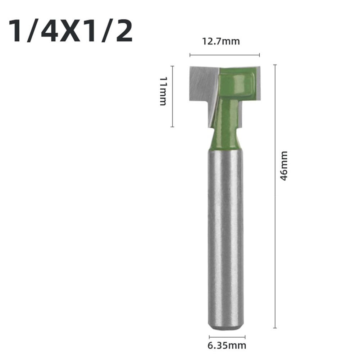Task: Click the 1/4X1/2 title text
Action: pos(70,32)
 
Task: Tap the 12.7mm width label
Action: pos(220,41)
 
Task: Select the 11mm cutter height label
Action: pos(163,91)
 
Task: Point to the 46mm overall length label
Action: pos(284,165)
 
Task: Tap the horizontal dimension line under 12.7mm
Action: pos(224,55)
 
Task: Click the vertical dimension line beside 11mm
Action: pos(173,96)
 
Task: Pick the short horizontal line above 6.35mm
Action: pos(227,337)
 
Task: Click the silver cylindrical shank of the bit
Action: pos(225,234)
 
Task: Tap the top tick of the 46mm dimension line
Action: pos(275,65)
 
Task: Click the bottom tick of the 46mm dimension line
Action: pos(275,328)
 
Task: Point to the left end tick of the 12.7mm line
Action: pos(190,55)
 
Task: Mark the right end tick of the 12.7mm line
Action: pos(259,55)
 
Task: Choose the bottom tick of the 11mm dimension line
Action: pos(173,127)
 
